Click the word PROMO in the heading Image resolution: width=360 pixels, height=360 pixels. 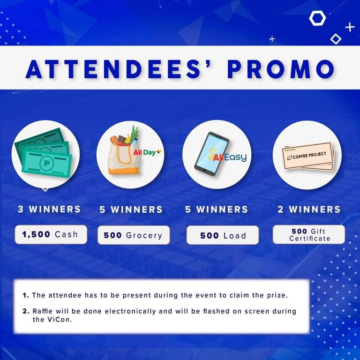(281, 69)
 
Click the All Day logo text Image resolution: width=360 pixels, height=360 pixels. (147, 152)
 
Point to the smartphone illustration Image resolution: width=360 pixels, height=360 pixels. (211, 154)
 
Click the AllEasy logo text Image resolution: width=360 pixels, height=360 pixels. (227, 157)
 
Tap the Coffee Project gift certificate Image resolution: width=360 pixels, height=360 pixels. (308, 157)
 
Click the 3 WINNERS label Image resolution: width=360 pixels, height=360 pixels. (49, 209)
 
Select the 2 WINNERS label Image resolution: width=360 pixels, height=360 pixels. (309, 210)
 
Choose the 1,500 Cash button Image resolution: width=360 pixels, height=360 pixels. (51, 234)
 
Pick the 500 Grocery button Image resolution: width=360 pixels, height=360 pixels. (134, 235)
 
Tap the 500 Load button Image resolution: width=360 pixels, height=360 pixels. (223, 235)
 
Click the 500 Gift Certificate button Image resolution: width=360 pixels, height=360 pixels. (309, 234)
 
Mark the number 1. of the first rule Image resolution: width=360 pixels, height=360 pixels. (26, 295)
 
